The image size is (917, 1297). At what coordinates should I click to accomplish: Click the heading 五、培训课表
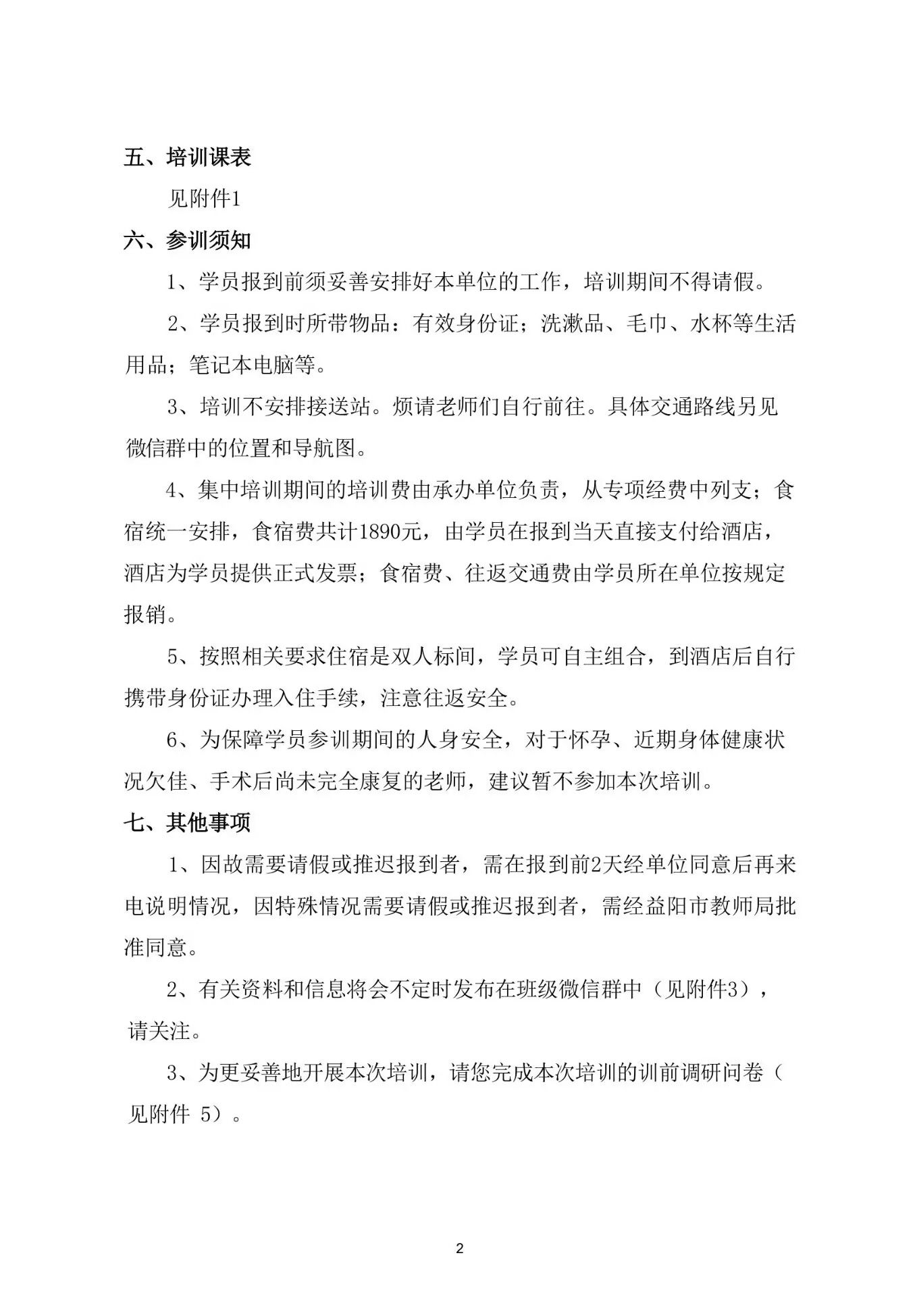click(x=188, y=157)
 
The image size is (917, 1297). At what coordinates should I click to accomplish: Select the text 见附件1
click(x=204, y=199)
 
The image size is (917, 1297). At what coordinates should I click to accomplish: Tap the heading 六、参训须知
click(x=188, y=240)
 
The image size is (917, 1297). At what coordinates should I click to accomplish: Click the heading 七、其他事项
click(x=188, y=822)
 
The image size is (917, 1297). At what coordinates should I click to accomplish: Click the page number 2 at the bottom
click(x=460, y=1248)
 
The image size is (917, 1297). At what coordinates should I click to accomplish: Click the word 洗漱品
click(x=571, y=324)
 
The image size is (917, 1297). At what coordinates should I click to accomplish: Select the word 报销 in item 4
click(x=145, y=615)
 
